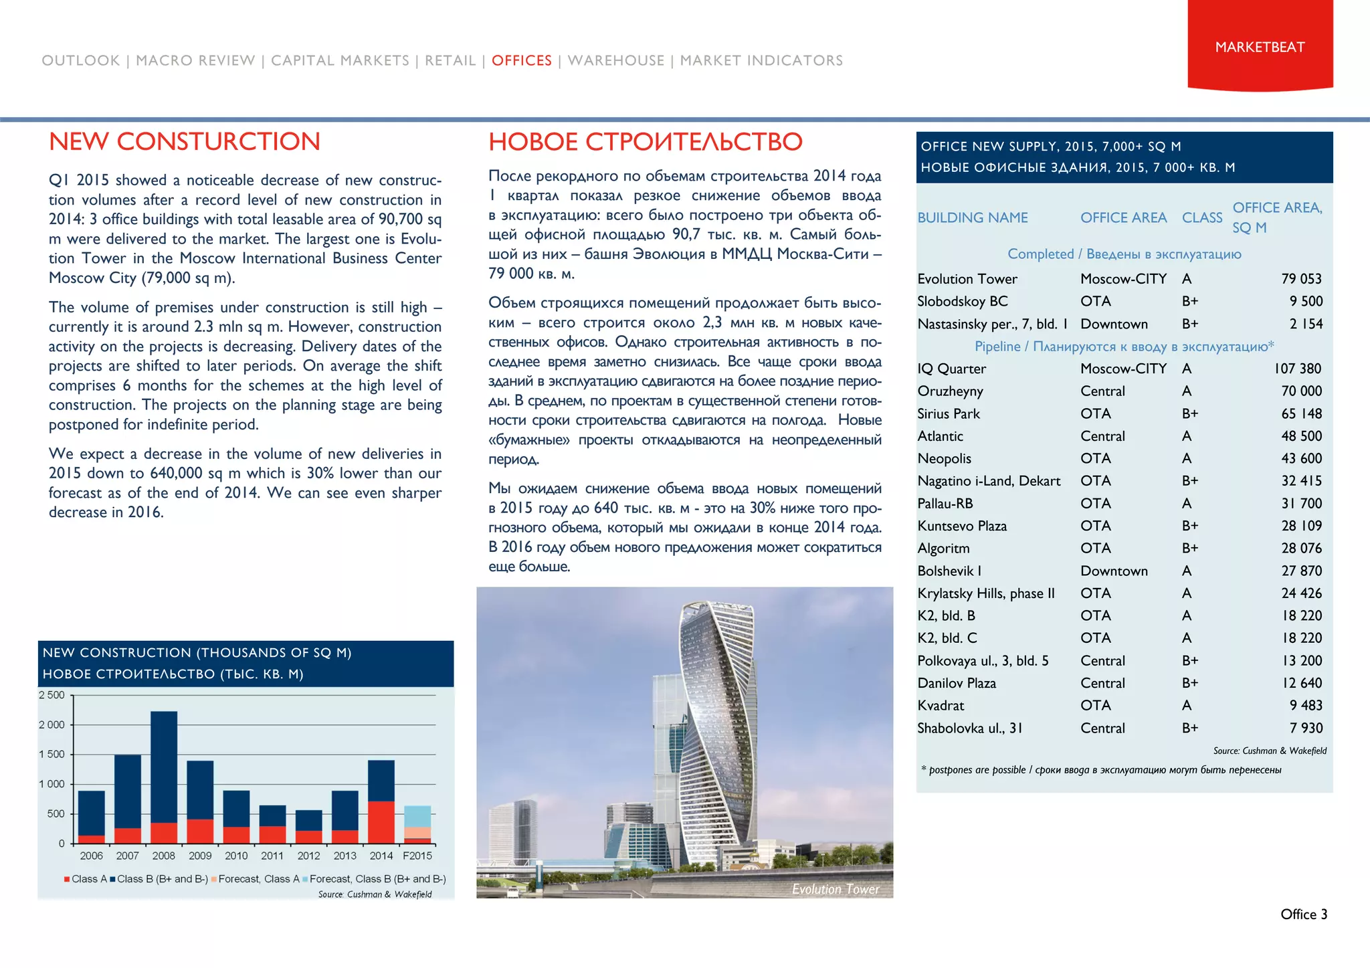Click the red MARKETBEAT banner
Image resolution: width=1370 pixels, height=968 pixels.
coord(1260,47)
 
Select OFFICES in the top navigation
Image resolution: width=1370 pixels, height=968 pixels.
coord(522,61)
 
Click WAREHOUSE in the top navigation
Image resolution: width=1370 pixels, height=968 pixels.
coord(616,61)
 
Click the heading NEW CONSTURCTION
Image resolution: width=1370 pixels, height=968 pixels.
coord(185,142)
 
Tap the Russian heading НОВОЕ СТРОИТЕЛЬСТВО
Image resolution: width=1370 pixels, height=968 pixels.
coord(645,142)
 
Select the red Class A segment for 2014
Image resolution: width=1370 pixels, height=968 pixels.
coord(381,821)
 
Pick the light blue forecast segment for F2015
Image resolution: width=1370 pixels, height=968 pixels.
coord(417,816)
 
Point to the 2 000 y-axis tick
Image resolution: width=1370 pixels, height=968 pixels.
coord(52,724)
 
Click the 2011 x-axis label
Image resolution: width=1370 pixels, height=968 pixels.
coord(272,856)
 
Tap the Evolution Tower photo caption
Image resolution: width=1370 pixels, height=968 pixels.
coord(835,889)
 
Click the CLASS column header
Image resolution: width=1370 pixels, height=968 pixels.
coord(1201,217)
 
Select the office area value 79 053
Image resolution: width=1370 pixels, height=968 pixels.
coord(1301,279)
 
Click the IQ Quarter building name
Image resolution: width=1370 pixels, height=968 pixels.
coord(951,369)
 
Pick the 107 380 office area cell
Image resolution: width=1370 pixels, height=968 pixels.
coord(1297,369)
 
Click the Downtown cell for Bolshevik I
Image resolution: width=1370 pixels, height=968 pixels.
coord(1114,571)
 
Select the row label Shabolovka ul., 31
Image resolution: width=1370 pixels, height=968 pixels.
coord(969,729)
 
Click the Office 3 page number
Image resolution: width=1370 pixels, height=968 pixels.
coord(1303,914)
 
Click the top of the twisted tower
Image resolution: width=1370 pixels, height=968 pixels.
coord(716,605)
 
